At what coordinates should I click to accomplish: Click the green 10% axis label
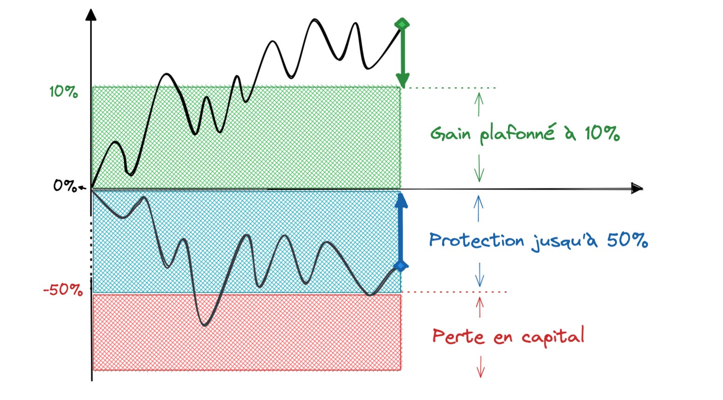64,92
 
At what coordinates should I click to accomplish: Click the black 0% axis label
65,186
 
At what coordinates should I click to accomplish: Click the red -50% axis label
63,290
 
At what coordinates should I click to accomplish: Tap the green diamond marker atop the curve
402,24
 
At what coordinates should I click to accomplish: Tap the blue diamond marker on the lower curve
401,266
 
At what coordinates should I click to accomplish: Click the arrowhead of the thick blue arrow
401,200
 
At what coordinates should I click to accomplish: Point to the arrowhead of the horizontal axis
637,188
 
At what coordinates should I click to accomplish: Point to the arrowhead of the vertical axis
92,14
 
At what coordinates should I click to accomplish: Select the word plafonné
517,133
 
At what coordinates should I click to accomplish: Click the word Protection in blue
476,240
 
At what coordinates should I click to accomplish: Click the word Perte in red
458,336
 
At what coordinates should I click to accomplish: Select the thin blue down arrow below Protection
480,275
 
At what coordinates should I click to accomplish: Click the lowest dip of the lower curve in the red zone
204,324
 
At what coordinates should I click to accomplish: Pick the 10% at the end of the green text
602,134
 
